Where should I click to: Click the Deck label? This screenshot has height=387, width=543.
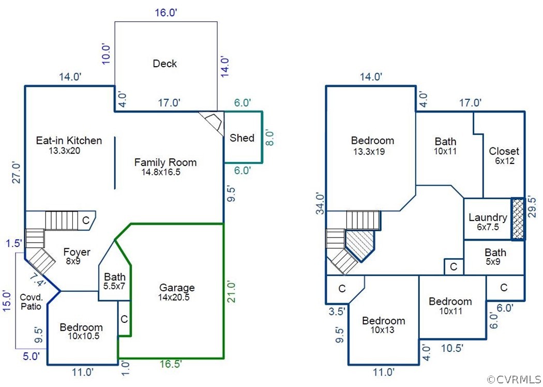point(165,64)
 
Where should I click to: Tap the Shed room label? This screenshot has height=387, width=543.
point(242,138)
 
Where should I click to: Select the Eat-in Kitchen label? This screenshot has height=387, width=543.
point(69,141)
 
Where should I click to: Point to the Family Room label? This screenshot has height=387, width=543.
point(165,162)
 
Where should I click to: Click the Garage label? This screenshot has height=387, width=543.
point(177,288)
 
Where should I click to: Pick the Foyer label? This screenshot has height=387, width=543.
point(77,252)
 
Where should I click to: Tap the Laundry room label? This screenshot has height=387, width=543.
point(488,217)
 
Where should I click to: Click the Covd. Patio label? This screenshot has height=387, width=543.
point(31,302)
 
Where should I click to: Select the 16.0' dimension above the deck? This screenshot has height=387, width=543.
point(166,13)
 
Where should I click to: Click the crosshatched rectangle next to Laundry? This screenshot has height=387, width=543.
point(518,219)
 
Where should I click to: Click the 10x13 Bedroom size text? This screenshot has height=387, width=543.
point(383,330)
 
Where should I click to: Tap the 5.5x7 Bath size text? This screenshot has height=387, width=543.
point(114,285)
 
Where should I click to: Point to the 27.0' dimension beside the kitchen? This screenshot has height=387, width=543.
point(17,173)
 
